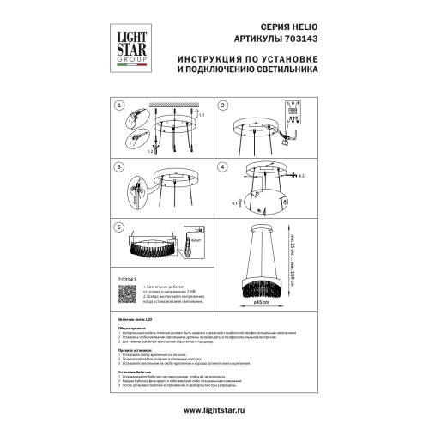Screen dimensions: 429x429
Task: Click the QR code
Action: pyautogui.click(x=126, y=293)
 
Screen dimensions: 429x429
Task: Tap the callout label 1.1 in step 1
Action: pyautogui.click(x=202, y=114)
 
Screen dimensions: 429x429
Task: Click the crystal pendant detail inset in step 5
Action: pyautogui.click(x=194, y=240)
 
